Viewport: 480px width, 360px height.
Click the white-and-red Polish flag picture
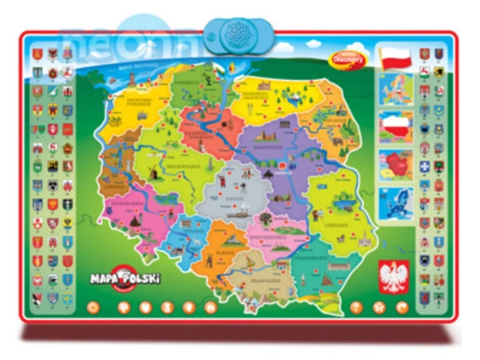tap(394, 58)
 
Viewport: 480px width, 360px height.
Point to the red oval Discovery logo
tap(346, 56)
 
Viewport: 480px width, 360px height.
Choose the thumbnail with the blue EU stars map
tap(395, 204)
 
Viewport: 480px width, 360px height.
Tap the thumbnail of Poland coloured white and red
tap(395, 127)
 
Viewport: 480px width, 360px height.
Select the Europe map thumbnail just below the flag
tap(395, 90)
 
